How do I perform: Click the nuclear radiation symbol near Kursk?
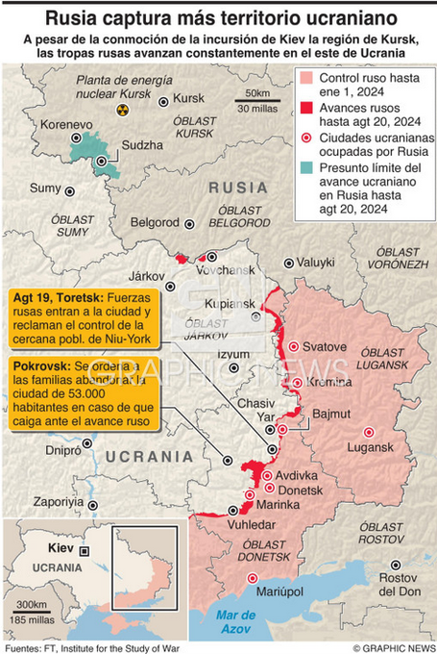coord(122,111)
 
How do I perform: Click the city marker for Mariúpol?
coord(253,578)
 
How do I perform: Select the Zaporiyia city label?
coord(58,502)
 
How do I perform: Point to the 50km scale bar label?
coord(257,92)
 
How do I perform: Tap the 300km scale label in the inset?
coord(32,604)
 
